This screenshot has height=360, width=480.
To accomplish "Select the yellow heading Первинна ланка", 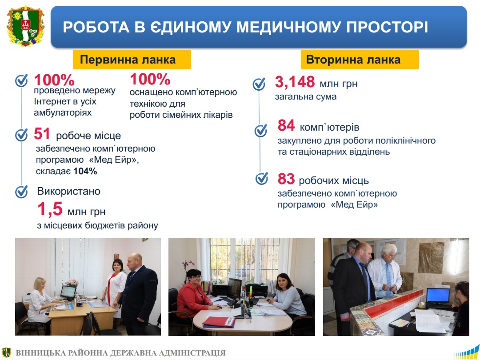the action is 132,60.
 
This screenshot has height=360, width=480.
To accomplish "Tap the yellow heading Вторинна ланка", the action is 360,60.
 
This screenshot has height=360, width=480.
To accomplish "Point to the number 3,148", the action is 295,82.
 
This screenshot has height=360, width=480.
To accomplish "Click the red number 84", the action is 286,125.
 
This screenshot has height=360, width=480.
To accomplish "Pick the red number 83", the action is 286,179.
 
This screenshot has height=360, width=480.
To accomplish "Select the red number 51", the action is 42,134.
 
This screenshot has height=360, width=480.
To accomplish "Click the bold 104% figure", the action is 85,171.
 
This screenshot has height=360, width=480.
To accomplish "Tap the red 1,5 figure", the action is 50,209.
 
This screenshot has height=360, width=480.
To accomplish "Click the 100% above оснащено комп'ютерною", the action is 150,79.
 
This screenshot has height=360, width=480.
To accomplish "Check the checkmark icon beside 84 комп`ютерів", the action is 261,130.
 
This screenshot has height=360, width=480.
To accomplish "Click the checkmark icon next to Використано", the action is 21,192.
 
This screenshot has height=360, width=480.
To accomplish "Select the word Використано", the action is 69,191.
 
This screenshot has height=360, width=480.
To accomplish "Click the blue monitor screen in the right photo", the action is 438,295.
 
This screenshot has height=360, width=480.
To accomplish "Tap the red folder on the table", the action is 219,322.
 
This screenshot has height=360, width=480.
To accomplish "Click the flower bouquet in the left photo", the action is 72,283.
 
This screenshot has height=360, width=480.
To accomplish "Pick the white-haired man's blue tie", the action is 388,279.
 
